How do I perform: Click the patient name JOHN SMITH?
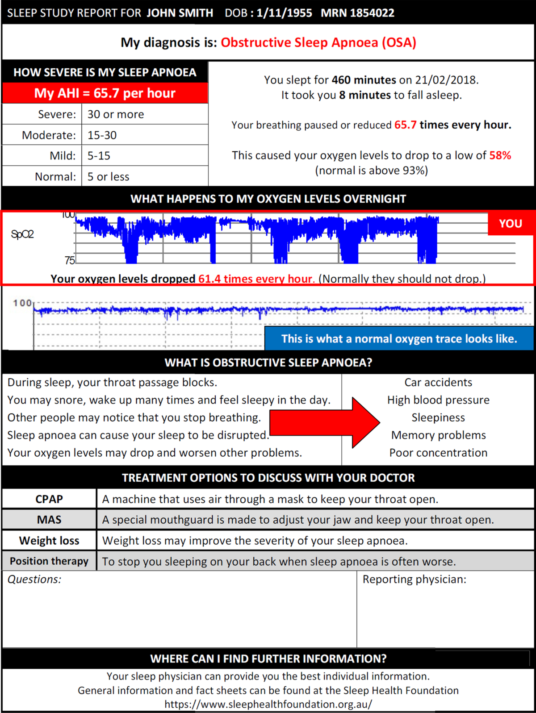point(180,13)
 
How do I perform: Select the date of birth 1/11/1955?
point(284,13)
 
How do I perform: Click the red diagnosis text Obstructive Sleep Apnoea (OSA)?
point(318,42)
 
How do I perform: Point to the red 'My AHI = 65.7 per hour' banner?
point(105,93)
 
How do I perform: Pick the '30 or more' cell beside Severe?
point(116,114)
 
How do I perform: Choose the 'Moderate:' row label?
point(49,135)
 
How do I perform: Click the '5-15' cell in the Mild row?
point(99,156)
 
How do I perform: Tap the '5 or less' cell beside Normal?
point(108,177)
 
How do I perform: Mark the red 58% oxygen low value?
point(500,155)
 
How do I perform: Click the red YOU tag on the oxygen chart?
point(510,223)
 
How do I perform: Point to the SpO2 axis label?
point(22,234)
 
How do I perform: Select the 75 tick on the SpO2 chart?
point(70,260)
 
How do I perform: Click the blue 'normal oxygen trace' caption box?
point(399,338)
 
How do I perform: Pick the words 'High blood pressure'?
point(438,400)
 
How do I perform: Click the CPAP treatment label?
point(49,499)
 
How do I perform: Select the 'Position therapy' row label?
point(49,561)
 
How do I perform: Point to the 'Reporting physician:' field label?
point(414,580)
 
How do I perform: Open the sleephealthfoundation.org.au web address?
point(268,704)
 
